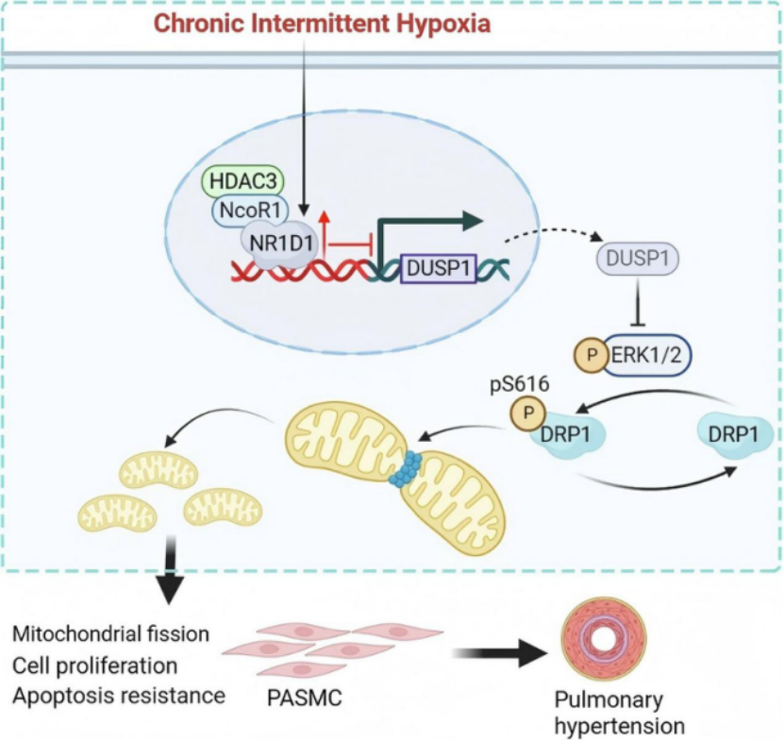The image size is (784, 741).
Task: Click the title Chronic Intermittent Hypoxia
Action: tap(322, 24)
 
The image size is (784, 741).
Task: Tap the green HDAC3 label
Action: tap(242, 181)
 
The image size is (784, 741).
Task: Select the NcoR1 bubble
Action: tap(250, 211)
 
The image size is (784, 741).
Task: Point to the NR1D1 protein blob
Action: tap(281, 244)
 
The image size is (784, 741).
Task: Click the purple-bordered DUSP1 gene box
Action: tap(439, 269)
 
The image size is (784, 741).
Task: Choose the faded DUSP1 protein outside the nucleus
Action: tap(638, 260)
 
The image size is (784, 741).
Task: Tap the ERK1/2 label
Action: tap(647, 355)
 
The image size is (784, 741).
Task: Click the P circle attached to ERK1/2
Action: tap(592, 355)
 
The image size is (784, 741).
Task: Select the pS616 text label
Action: tap(520, 384)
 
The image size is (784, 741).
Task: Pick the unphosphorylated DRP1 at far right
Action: tap(733, 435)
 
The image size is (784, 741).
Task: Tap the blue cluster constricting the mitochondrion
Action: tap(405, 468)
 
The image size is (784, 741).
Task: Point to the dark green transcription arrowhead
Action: tap(473, 221)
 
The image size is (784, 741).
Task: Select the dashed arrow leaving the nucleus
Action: tap(554, 233)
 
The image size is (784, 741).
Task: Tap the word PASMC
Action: tap(305, 698)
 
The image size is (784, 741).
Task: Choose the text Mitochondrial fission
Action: tap(110, 634)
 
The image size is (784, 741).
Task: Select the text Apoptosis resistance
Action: tap(119, 696)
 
